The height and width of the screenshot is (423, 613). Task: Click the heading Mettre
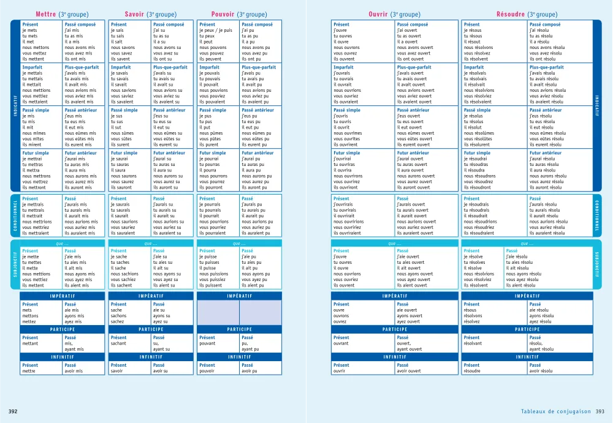click(46, 14)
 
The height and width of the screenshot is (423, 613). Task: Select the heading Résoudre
click(511, 14)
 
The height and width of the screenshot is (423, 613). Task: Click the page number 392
click(12, 411)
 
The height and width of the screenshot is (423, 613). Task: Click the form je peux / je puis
click(216, 30)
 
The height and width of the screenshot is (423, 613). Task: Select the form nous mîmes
click(33, 133)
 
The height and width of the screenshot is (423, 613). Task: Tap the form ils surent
click(121, 144)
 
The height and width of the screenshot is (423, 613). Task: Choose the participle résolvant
click(476, 343)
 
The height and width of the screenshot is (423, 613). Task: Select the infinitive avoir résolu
click(543, 370)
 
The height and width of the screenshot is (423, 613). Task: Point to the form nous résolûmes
click(482, 133)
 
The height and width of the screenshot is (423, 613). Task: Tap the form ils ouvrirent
click(346, 144)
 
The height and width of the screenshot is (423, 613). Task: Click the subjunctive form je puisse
click(210, 256)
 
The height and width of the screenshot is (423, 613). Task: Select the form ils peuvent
click(210, 59)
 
